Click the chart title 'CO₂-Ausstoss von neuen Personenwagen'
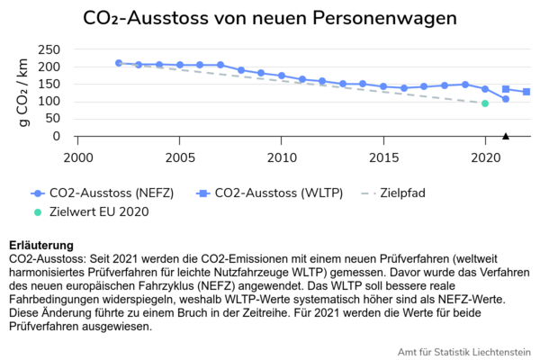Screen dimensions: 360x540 [x=270, y=19]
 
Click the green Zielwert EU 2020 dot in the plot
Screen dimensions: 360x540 [x=485, y=103]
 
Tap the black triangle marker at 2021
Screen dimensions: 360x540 [x=506, y=136]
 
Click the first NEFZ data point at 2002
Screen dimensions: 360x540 [x=119, y=63]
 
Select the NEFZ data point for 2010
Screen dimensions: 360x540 [x=282, y=76]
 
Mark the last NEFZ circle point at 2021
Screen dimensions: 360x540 [x=506, y=99]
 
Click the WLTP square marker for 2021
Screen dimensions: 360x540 [x=506, y=89]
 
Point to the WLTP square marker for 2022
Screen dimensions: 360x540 [x=526, y=92]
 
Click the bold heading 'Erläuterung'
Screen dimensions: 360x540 [x=41, y=246]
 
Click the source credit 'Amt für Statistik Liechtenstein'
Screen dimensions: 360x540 [x=463, y=351]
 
